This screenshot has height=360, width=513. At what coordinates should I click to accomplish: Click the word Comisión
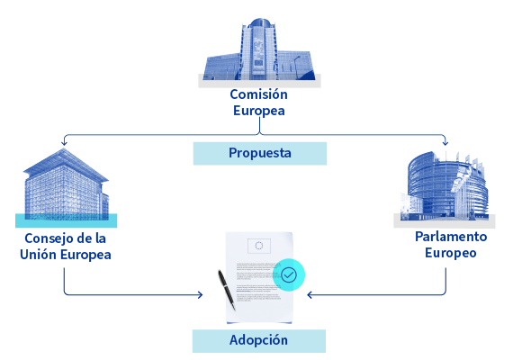coord(258,94)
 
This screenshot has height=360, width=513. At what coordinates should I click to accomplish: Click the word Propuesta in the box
coord(260,153)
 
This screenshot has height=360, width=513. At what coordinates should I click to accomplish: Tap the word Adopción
coord(258,340)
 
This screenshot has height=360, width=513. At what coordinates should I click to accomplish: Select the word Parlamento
coord(451,237)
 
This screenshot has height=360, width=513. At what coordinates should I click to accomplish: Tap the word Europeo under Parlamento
coord(451,253)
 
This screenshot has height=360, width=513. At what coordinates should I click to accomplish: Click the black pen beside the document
coord(227,290)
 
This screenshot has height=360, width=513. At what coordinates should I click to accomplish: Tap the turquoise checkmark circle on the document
coord(289,274)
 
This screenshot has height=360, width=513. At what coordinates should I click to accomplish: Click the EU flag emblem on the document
coord(259,246)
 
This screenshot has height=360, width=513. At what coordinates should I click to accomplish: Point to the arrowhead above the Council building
coord(64,142)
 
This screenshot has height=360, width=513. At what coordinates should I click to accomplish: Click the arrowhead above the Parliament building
coord(445,142)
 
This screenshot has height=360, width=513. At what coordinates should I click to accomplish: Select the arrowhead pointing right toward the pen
coord(200,295)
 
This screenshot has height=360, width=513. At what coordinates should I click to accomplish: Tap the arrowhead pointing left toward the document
coord(310,295)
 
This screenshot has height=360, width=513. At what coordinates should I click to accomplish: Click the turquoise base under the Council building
coord(66,220)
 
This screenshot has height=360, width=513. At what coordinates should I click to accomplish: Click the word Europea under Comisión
coord(259,111)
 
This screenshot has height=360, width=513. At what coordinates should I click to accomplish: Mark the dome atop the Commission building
coord(259,22)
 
